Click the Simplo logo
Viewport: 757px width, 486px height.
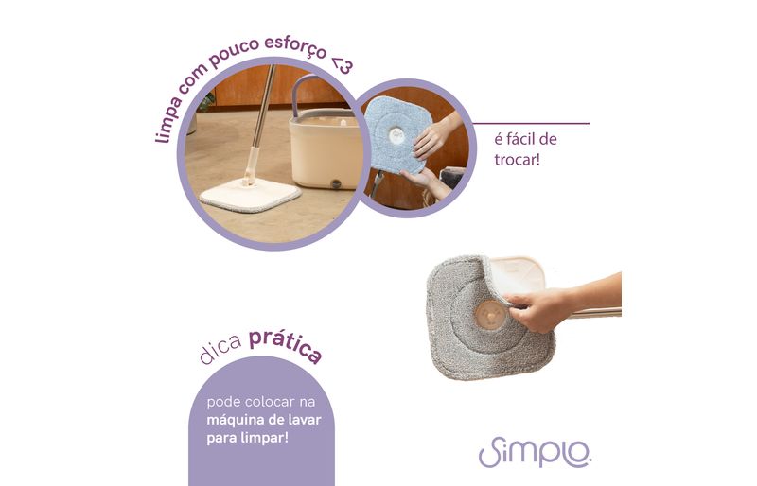(x=535, y=453)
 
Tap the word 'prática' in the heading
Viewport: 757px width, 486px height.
(x=286, y=344)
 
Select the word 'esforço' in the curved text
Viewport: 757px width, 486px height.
(x=295, y=46)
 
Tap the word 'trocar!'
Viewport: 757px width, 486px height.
(x=517, y=160)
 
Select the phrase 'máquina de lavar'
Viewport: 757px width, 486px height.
(x=264, y=420)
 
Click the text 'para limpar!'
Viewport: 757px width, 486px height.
(x=247, y=438)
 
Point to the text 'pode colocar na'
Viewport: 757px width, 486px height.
(x=261, y=402)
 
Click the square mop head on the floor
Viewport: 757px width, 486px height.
(x=251, y=195)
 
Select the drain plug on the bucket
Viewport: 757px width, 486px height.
(x=336, y=183)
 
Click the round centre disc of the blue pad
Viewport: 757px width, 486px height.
(x=396, y=135)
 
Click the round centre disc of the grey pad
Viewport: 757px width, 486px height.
(x=490, y=315)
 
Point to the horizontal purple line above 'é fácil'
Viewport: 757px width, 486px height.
(x=531, y=124)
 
